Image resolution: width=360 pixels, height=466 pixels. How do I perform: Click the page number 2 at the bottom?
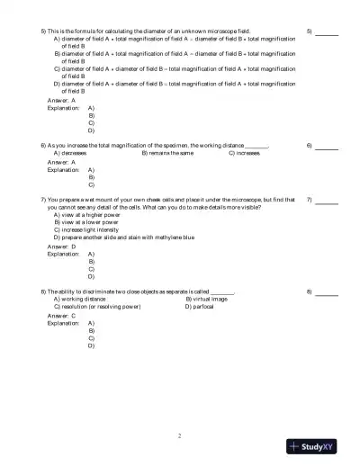(x=180, y=435)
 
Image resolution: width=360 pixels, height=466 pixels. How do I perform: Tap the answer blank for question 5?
(x=327, y=32)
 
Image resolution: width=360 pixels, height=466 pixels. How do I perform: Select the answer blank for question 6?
(x=327, y=147)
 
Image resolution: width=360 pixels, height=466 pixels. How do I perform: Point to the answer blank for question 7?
(x=327, y=200)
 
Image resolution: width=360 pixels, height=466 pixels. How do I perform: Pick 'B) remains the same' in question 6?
(x=167, y=154)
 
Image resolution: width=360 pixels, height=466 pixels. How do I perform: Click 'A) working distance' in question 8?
(x=81, y=300)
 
